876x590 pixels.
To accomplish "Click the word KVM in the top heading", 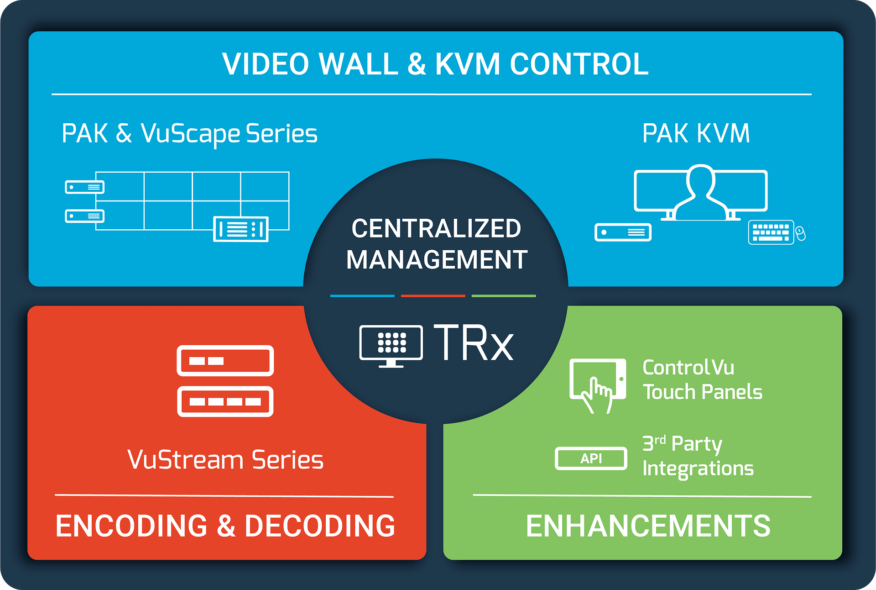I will [468, 64].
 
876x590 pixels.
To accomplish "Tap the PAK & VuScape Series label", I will [189, 134].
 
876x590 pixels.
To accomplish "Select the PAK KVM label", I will [696, 134].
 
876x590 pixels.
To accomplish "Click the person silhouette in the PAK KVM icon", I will [700, 192].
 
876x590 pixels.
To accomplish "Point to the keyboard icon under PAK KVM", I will [771, 232].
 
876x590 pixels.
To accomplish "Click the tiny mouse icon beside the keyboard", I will [800, 234].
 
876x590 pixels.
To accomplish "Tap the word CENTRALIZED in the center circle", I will [436, 228].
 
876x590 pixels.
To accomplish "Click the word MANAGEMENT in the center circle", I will [437, 259].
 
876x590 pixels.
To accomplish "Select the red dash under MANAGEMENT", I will [433, 296].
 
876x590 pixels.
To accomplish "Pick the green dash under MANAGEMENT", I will [504, 296].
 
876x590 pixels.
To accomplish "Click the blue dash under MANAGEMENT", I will [362, 296].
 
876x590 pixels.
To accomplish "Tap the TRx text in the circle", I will [473, 343].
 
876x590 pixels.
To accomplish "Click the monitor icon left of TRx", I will [391, 344].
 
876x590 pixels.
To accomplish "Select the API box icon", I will [591, 458].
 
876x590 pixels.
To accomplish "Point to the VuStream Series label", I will [225, 460].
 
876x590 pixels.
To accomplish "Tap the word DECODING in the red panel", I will [320, 526].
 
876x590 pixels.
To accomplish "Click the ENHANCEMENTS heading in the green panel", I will [648, 526].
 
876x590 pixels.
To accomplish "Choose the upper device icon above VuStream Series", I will [225, 361].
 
